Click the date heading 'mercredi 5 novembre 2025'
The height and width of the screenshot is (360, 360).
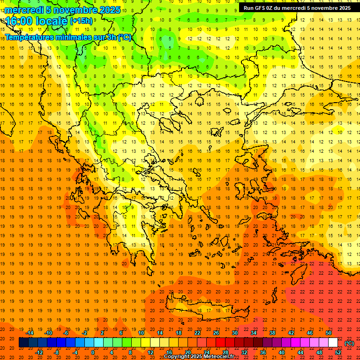(x=63, y=10)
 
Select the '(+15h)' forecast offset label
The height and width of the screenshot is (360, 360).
(x=81, y=21)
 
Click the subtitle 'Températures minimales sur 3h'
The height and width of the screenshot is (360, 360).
(x=61, y=37)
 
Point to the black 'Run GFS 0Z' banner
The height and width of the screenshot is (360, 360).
(x=297, y=8)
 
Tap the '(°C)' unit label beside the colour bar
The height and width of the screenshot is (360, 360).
(x=349, y=343)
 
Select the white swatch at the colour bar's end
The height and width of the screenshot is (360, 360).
(x=333, y=343)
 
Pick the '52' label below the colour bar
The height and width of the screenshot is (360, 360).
(x=338, y=352)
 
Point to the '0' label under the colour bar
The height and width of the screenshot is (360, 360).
(x=93, y=352)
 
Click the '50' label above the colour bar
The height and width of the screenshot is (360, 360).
(x=329, y=333)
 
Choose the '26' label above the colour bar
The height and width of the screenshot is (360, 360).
(x=216, y=333)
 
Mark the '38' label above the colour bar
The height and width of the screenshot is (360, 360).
(x=272, y=333)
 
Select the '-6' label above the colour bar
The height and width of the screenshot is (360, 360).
(x=66, y=333)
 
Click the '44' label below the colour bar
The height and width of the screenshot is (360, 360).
(x=300, y=352)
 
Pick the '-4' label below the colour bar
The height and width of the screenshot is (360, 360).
(x=75, y=352)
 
